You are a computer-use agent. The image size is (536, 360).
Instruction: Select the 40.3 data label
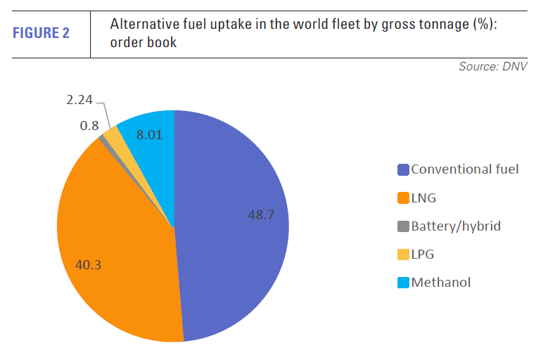(89, 265)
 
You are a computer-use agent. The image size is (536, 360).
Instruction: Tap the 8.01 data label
(150, 135)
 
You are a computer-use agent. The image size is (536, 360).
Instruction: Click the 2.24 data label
(79, 101)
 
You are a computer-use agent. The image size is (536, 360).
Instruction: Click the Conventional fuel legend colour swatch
(403, 169)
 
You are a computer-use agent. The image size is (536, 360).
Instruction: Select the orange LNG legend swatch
(403, 198)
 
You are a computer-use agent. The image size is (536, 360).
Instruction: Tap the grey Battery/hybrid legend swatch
(403, 226)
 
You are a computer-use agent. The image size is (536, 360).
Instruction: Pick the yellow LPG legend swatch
(403, 255)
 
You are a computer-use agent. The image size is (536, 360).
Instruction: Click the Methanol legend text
(440, 283)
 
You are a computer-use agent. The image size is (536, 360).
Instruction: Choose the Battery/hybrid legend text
(456, 226)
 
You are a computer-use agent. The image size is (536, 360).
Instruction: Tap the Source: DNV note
(493, 67)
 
